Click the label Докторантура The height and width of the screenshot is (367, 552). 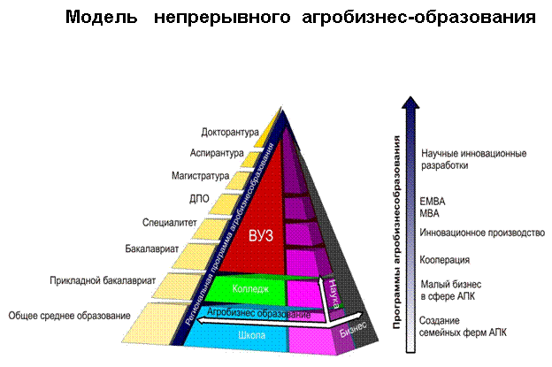click(228, 134)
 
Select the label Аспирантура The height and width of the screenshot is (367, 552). click(216, 154)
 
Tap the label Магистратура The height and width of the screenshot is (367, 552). click(203, 176)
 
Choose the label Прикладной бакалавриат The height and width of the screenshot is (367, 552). click(103, 281)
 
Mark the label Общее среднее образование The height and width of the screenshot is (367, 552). click(69, 315)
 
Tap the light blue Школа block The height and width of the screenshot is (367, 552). click(253, 336)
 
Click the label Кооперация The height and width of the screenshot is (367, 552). click(446, 260)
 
